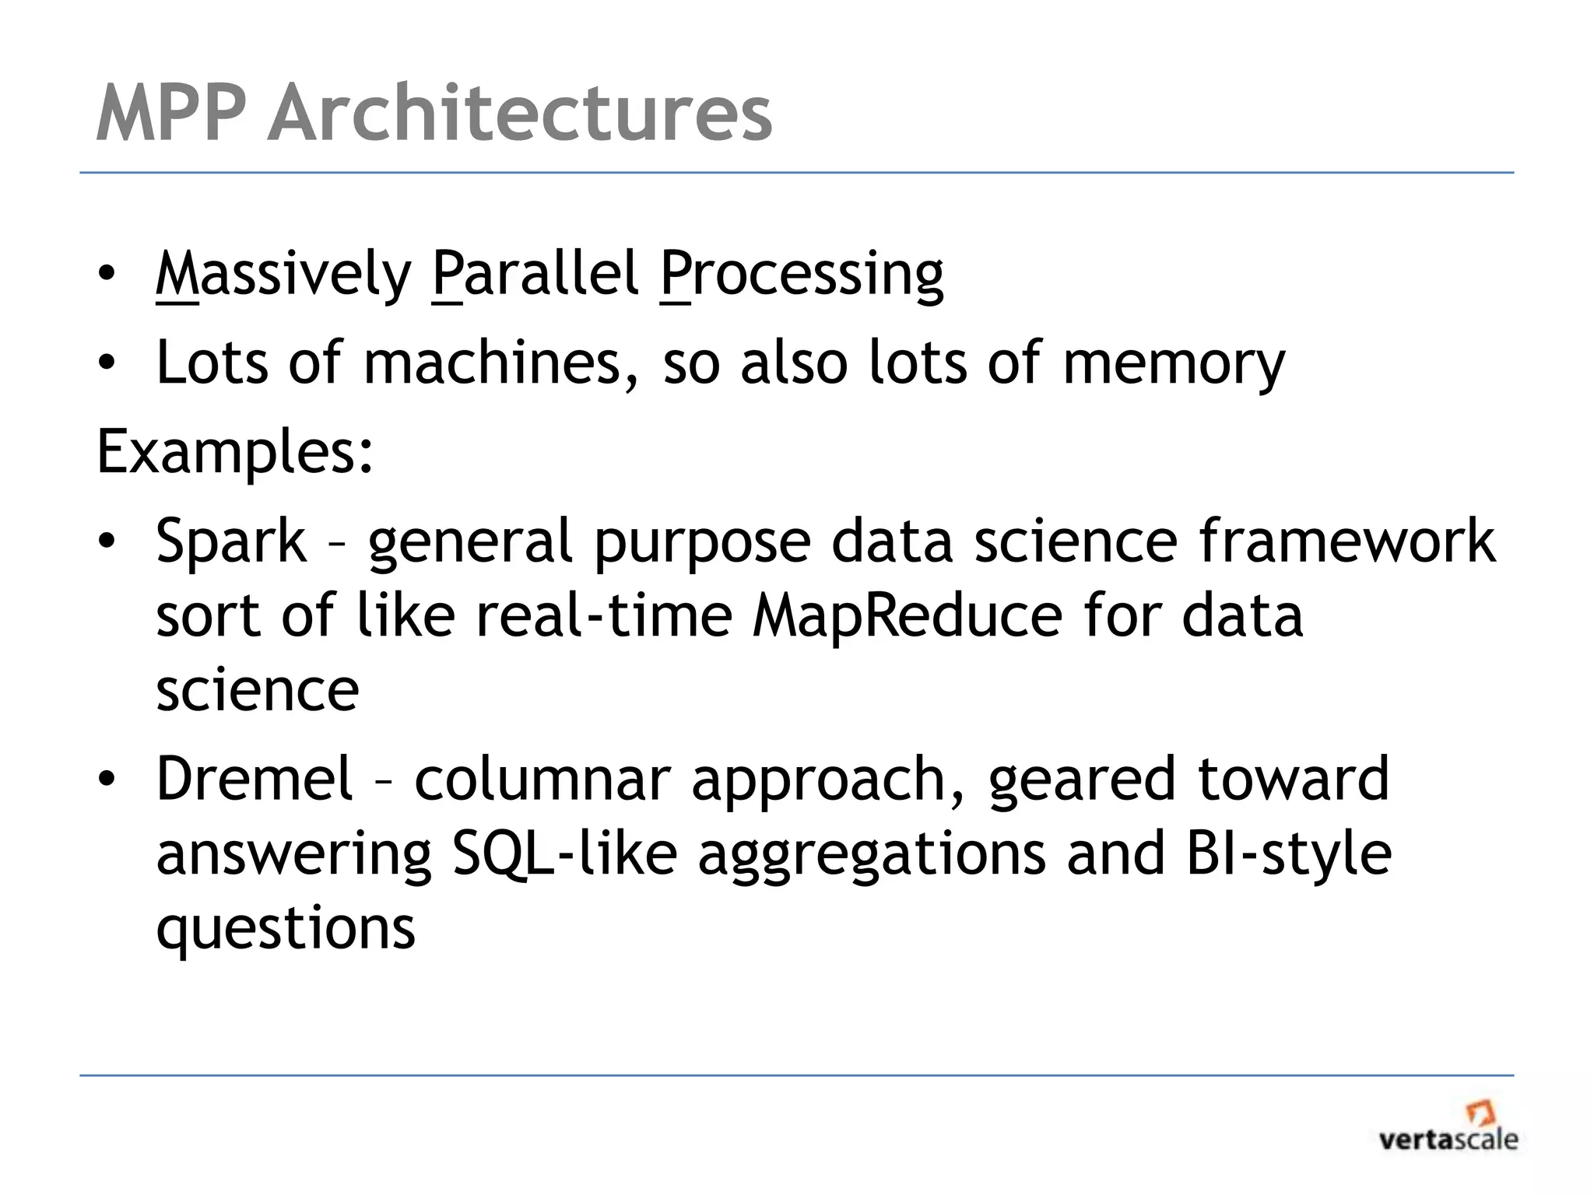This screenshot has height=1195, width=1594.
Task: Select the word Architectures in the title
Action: [x=519, y=114]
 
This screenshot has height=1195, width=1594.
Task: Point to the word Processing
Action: [x=801, y=277]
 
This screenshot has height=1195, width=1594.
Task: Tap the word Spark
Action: [x=231, y=543]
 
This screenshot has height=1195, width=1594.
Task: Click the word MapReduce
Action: [x=908, y=615]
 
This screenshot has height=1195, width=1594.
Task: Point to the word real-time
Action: [x=605, y=615]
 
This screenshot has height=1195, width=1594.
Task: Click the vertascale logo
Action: [x=1448, y=1128]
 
